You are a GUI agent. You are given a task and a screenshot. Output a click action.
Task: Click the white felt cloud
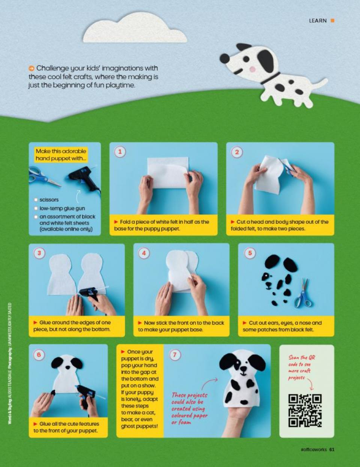tap(135, 30)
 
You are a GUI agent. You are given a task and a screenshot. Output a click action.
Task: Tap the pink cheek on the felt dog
tap(253, 69)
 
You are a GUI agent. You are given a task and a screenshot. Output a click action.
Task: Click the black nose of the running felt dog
tap(224, 58)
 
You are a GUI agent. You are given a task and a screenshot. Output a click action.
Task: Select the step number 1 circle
tap(120, 152)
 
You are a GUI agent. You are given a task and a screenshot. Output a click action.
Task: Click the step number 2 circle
tap(237, 152)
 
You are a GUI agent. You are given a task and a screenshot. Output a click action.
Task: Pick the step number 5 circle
tap(250, 253)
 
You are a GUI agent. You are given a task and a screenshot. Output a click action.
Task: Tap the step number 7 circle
tap(175, 355)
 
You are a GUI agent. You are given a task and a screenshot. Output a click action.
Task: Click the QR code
tap(305, 410)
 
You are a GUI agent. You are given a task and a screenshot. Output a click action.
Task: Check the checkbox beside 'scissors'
tap(36, 200)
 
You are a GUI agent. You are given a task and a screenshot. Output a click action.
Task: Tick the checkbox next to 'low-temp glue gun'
tap(36, 208)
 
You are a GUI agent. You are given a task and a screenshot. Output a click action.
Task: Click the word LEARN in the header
tap(318, 21)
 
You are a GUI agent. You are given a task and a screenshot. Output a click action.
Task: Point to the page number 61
tap(332, 450)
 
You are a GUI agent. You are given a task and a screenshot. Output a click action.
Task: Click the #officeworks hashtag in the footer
tap(313, 450)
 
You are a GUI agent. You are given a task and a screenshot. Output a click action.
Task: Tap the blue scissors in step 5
tap(302, 294)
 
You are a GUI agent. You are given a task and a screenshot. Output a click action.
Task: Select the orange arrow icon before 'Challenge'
tap(31, 69)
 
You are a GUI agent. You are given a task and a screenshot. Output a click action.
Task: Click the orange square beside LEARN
tap(332, 21)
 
